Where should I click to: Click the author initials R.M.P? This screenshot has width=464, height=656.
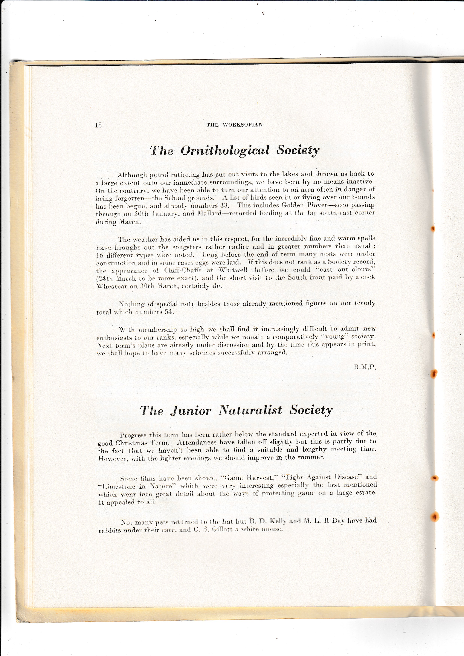[x=365, y=367]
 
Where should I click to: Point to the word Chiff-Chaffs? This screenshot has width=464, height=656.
[x=183, y=270]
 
